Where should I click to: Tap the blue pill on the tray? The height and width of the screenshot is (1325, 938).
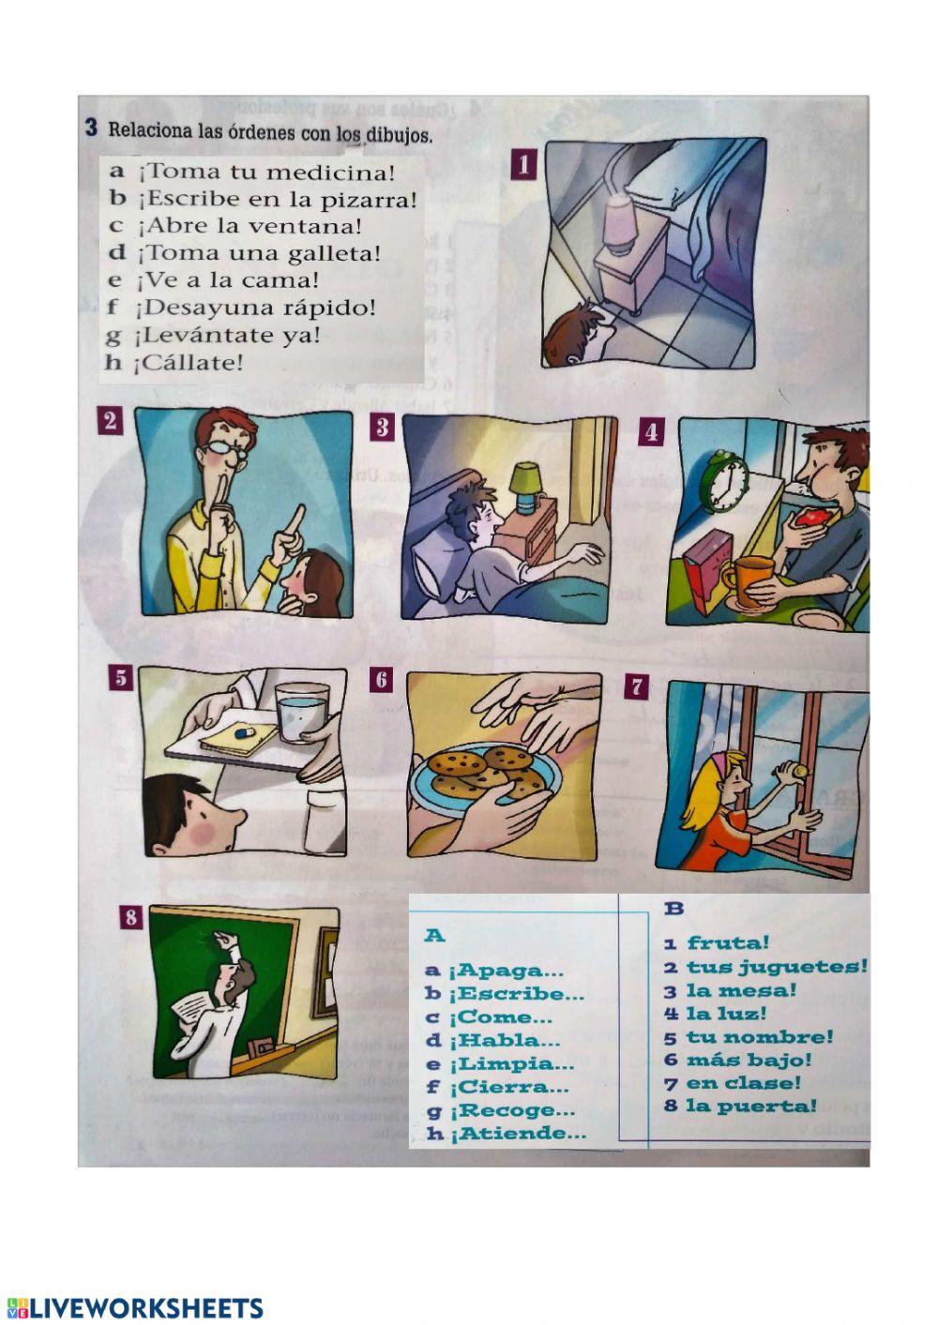244,733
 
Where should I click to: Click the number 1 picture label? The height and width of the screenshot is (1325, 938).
523,164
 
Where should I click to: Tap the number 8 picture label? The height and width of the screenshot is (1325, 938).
131,917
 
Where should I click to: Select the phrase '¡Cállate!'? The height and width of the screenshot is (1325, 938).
188,363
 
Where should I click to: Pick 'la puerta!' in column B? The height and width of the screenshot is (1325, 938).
751,1105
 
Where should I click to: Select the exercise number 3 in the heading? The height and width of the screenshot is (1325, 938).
91,128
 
